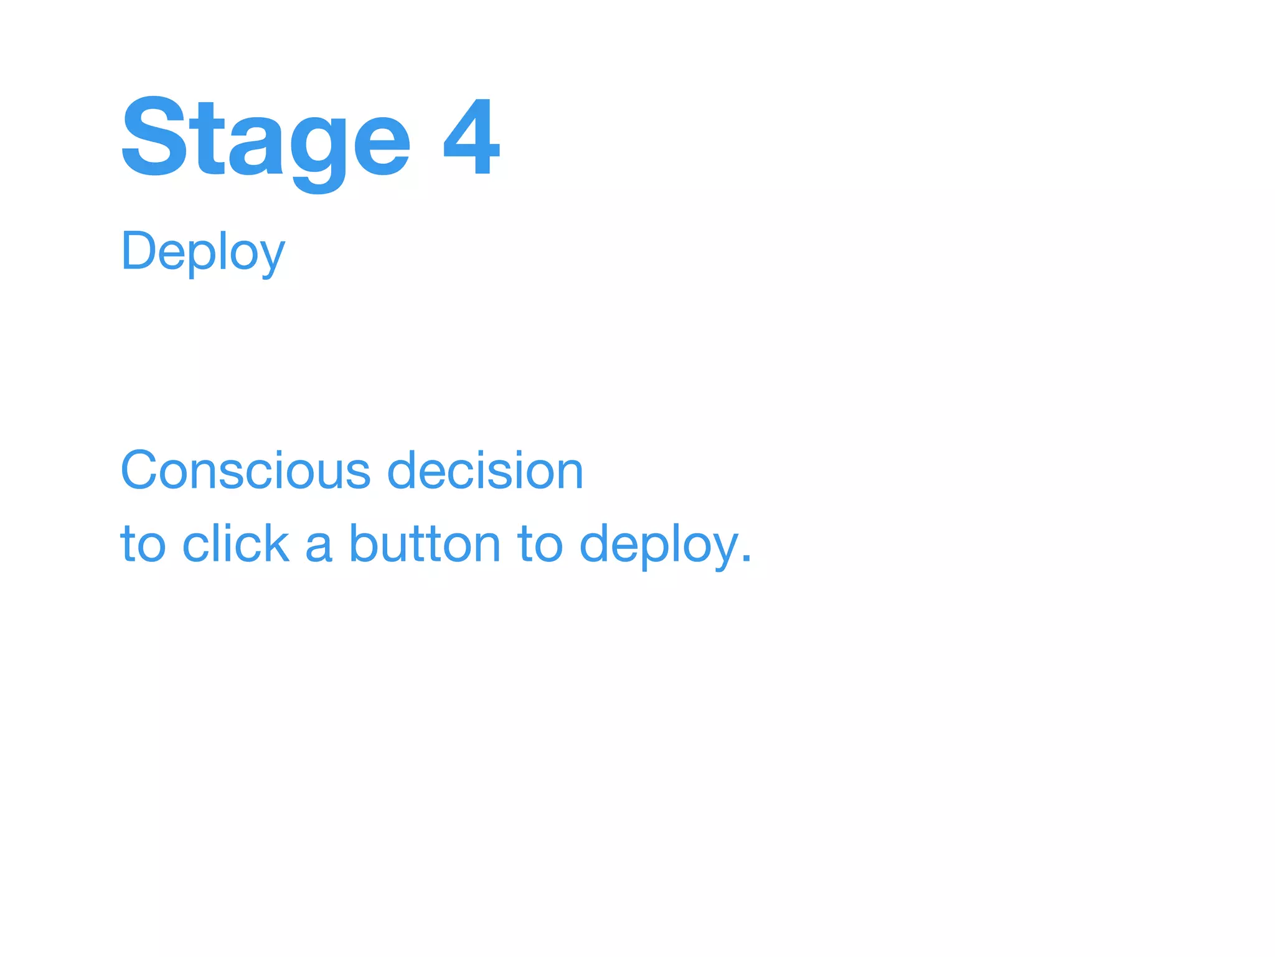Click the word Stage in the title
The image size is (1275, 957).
265,138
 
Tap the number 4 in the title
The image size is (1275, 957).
471,137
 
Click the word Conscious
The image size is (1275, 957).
246,471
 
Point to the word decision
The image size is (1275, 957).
485,471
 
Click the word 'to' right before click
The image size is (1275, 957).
143,544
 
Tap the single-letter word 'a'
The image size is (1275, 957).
318,545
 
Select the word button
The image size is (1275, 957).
424,543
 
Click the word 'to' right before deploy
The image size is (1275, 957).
540,544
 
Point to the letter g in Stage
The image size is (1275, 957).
318,150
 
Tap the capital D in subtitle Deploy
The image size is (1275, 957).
138,250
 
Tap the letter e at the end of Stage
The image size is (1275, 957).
381,145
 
